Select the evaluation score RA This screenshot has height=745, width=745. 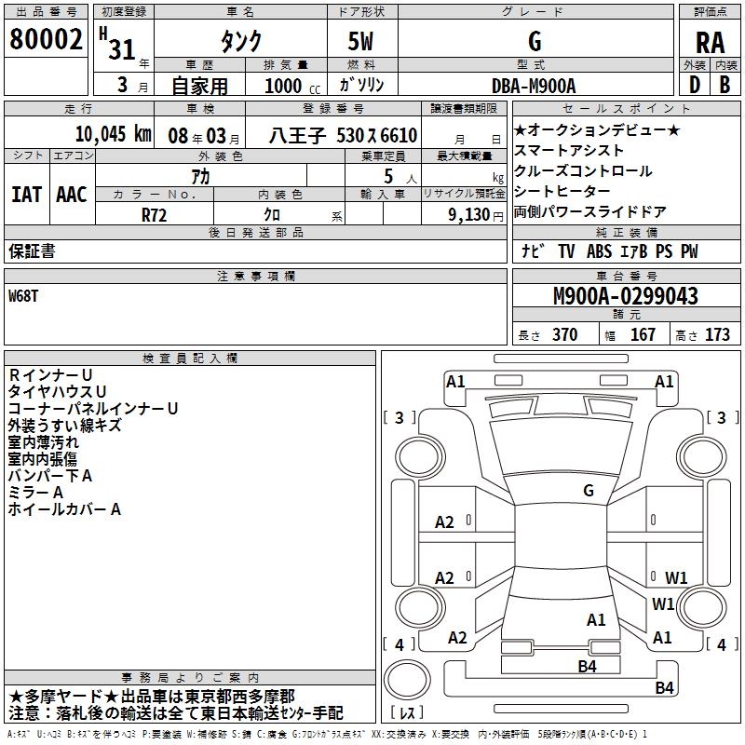coord(710,43)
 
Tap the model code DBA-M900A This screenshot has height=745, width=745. coord(534,85)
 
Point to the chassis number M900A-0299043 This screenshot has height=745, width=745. coord(625,297)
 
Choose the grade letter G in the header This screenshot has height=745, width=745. coord(534,41)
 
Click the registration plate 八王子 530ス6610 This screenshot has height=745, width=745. coord(342,135)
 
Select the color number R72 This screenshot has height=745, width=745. coord(154,213)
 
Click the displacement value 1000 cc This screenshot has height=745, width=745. coord(284,86)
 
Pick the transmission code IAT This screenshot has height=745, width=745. coord(27,195)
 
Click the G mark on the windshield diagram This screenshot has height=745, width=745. coord(588,490)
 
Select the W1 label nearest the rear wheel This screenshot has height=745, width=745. coord(663,604)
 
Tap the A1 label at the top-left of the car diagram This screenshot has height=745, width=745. coord(455,381)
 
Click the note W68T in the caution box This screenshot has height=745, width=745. coord(25,296)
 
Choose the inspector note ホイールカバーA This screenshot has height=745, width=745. coord(64,509)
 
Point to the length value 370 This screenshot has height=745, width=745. coord(564,335)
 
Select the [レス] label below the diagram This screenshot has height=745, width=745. coord(408,713)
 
